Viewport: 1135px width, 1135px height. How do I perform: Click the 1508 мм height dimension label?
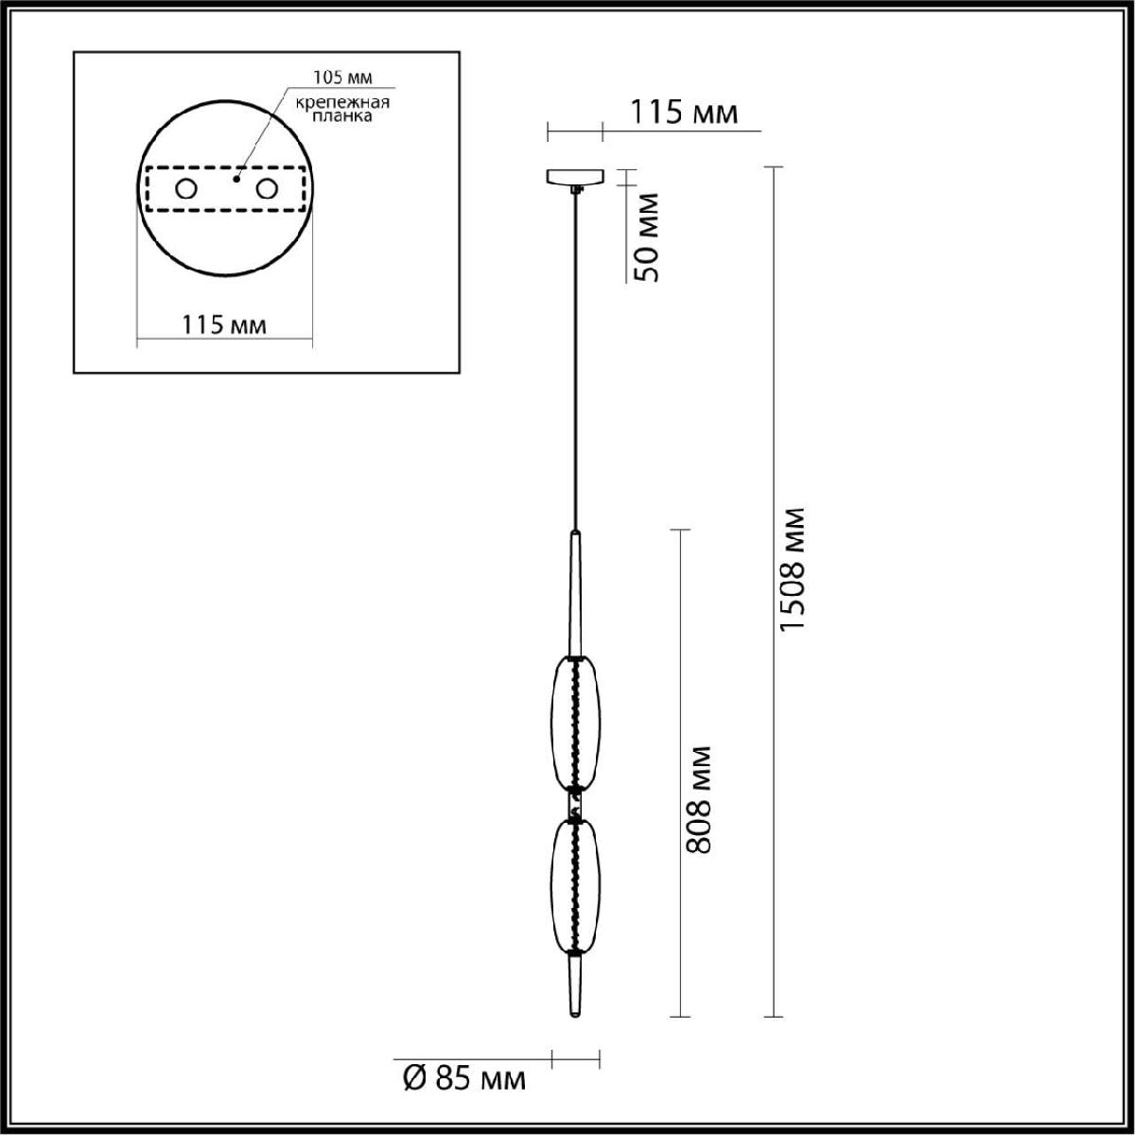point(791,569)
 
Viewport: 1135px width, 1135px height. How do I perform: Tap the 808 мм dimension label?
point(699,800)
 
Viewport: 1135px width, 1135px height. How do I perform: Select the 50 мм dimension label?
point(645,237)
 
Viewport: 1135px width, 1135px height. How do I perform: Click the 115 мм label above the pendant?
point(684,112)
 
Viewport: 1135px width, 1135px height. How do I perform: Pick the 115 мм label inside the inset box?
point(224,324)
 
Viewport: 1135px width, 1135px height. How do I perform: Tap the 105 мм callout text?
point(342,78)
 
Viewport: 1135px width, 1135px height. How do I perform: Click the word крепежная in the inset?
point(342,102)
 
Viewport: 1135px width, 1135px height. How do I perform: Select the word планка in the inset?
point(342,116)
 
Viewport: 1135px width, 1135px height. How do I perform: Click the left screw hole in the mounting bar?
point(186,189)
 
